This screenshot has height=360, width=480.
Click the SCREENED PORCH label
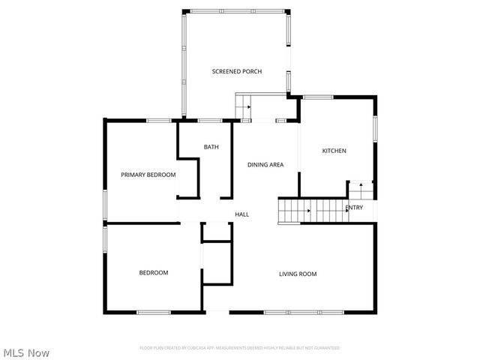pos(236,71)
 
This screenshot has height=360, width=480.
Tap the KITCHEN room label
pos(334,151)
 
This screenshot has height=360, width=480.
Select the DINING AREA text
pos(265,164)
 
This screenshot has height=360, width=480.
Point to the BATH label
pos(211,147)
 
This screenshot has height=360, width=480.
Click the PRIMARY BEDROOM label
pos(148,175)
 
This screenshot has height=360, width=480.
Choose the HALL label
pos(241,214)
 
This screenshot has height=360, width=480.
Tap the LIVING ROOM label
pos(298,274)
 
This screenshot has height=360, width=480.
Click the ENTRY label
pos(353,208)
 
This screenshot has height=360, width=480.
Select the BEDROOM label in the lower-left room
pos(154,272)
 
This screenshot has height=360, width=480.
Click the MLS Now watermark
pos(26,352)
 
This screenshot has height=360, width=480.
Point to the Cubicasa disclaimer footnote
pos(240,348)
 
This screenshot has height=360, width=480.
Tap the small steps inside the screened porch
pos(243,106)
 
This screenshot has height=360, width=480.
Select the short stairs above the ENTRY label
pos(361,188)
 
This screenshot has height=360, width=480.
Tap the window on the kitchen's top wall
pos(318,97)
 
